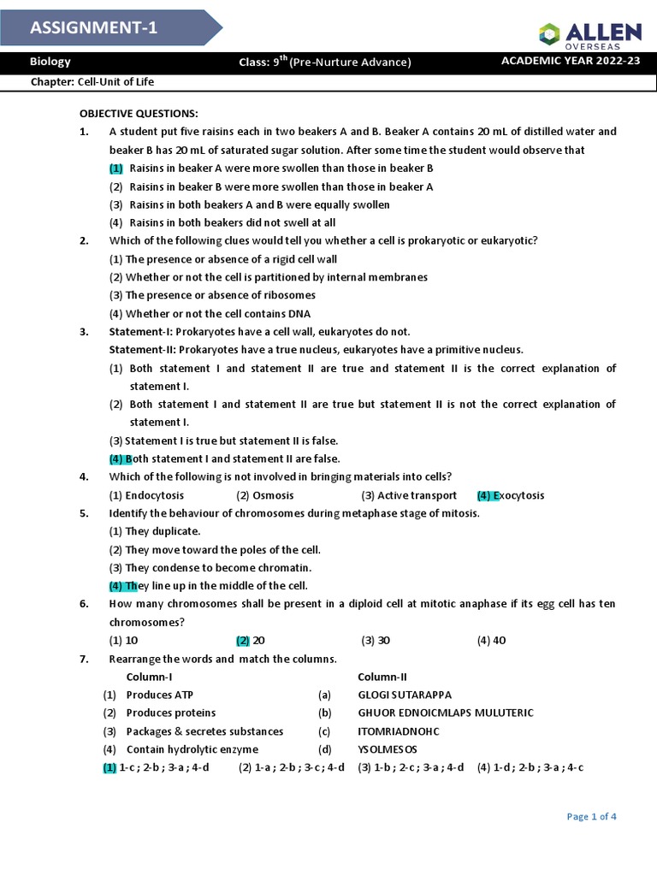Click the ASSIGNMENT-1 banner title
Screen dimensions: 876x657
coord(93,28)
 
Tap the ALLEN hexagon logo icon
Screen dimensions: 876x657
coord(548,34)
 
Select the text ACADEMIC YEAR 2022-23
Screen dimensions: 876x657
coord(571,62)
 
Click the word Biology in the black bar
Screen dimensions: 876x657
coord(50,62)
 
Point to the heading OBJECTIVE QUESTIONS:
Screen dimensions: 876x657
coord(139,114)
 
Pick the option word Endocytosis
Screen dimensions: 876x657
coord(154,495)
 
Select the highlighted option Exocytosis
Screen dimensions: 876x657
coord(521,495)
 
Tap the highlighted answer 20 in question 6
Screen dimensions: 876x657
coord(258,640)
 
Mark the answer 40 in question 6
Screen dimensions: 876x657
coord(499,640)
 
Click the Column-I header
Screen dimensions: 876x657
coord(150,677)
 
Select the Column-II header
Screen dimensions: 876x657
coord(382,677)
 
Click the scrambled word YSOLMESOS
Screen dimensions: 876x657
coord(388,749)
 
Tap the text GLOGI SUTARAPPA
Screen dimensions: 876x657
coord(405,695)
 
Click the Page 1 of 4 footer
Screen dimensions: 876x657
coord(591,817)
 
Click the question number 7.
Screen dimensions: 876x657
coord(83,659)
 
